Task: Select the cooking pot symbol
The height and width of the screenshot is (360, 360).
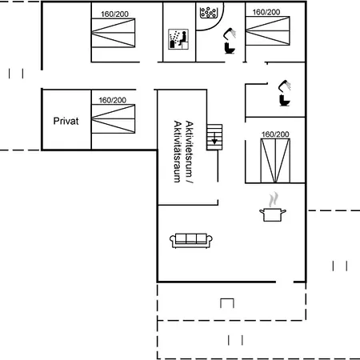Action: tap(272, 213)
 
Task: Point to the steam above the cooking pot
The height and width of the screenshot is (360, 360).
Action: tap(274, 198)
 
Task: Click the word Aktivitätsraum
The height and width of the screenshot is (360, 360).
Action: tap(177, 153)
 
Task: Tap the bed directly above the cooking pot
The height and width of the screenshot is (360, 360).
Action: tap(274, 159)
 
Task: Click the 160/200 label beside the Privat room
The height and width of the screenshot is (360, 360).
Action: tap(113, 100)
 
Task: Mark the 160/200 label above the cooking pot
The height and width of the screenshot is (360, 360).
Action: tap(274, 134)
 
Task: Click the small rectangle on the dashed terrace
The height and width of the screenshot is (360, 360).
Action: tap(227, 303)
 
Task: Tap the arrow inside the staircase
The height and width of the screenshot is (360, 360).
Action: tap(214, 139)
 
